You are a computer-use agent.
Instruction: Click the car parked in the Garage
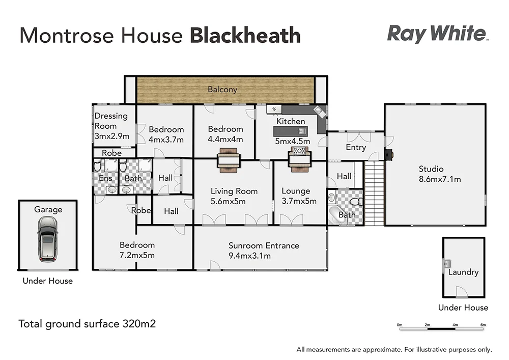[x=47, y=238]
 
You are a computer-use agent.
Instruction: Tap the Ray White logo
[x=437, y=34]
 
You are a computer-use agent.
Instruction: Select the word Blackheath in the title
[x=245, y=36]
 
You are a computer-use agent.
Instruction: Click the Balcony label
[x=222, y=89]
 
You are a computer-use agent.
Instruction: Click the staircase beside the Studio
[x=374, y=193]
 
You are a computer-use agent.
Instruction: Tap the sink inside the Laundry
[x=447, y=264]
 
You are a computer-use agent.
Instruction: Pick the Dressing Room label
[x=111, y=121]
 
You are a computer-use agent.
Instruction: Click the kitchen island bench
[x=290, y=131]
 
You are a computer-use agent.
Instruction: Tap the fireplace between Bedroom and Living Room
[x=228, y=158]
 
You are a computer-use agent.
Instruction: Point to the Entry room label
[x=356, y=147]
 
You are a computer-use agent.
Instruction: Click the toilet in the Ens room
[x=98, y=166]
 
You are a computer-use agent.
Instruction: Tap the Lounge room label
[x=296, y=191]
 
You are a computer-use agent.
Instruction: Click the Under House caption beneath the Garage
[x=48, y=281]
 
